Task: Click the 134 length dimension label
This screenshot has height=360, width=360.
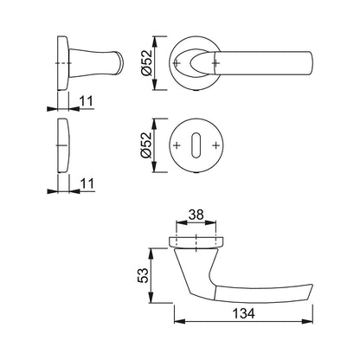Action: coord(243,313)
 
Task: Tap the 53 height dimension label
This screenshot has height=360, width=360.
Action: coord(143,275)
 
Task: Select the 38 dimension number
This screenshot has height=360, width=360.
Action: coord(196,215)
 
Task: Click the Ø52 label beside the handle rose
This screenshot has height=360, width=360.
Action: coord(146,63)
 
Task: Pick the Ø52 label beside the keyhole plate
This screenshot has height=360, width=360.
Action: coord(146,145)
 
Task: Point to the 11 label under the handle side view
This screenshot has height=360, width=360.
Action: coord(87,101)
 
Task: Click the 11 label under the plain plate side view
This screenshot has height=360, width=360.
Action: coord(87,183)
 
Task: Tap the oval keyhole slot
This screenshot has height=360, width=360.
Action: coord(196,145)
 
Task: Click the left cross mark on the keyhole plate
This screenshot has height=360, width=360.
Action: coord(177,145)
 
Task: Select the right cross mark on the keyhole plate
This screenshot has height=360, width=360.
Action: coord(215,145)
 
